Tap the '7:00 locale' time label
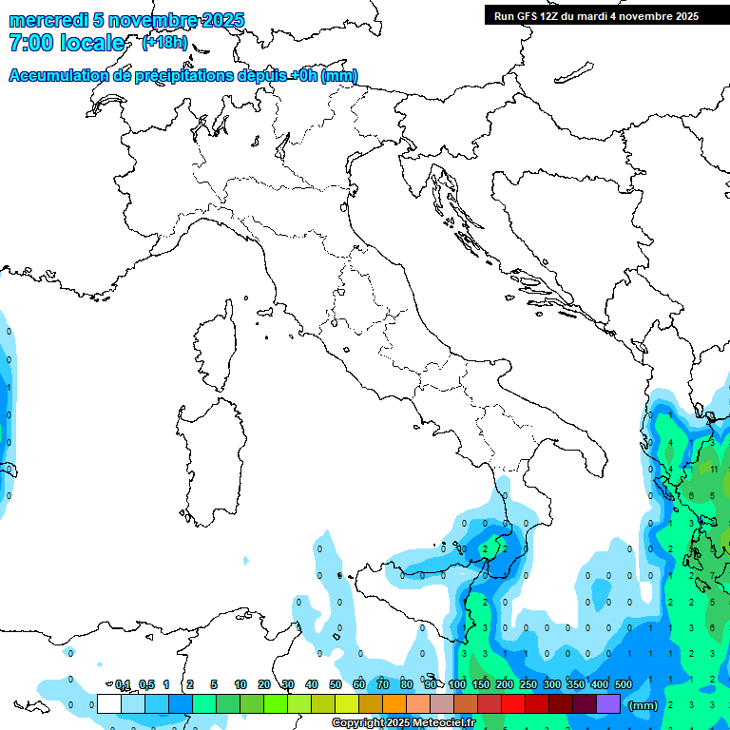[67, 43]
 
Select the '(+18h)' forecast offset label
[164, 43]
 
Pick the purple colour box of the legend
[608, 703]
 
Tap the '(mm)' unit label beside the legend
[644, 704]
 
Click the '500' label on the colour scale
[624, 684]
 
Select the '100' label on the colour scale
[457, 684]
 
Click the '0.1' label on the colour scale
[123, 684]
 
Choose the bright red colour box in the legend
[513, 703]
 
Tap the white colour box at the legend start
[109, 703]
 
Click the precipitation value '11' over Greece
[713, 469]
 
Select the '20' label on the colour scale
[263, 684]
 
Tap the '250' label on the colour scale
[528, 684]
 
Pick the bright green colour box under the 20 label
[276, 703]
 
